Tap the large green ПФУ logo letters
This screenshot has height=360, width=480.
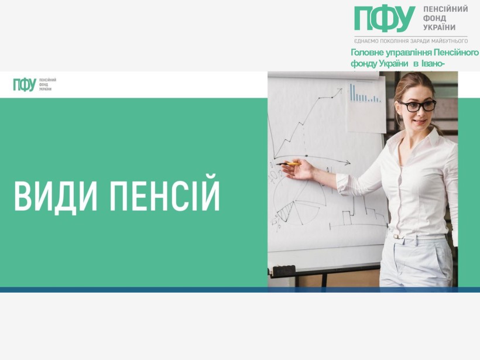click(385, 19)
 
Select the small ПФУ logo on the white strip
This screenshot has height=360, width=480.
click(25, 84)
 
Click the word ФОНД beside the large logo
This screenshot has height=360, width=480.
click(434, 18)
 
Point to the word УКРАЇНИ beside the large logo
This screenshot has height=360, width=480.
click(439, 28)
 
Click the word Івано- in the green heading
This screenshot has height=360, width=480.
click(434, 64)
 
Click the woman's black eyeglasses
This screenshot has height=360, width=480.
click(418, 106)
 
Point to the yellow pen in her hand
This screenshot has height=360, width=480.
click(289, 164)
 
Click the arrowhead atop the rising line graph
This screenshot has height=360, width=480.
click(340, 91)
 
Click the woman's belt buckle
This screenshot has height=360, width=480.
click(396, 236)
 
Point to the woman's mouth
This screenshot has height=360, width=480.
click(419, 122)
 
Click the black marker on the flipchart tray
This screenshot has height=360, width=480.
click(284, 270)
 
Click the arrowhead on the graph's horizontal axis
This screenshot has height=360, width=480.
click(347, 163)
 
